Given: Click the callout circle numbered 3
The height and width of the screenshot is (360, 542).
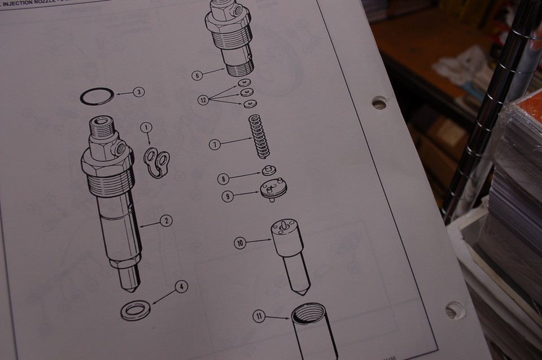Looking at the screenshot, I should [x=138, y=92].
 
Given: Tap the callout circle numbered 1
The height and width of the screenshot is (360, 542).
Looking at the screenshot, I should [x=146, y=128].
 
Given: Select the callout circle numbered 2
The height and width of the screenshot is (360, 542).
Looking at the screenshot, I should [x=165, y=221].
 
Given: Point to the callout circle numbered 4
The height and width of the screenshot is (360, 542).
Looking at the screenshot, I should [x=181, y=287].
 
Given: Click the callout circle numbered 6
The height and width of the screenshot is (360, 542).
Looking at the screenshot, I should [x=196, y=76].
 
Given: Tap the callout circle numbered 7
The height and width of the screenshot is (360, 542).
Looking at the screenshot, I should [x=215, y=145].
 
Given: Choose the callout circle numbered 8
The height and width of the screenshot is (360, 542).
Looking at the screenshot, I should [x=224, y=179].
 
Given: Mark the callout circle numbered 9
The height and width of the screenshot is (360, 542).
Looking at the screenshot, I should [x=227, y=197].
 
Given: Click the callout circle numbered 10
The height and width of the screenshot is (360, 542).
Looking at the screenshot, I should [x=240, y=243].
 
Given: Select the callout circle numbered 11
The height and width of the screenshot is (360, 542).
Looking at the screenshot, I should [x=259, y=317].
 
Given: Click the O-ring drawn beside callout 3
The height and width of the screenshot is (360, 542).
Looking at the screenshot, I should [x=97, y=96].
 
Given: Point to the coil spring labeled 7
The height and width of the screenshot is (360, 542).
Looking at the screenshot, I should [x=259, y=136].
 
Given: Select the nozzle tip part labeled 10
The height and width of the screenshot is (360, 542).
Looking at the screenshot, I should [x=289, y=254].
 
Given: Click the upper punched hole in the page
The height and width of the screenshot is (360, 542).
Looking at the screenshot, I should [x=379, y=103].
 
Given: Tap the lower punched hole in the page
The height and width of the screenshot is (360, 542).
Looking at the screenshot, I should [x=454, y=310].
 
